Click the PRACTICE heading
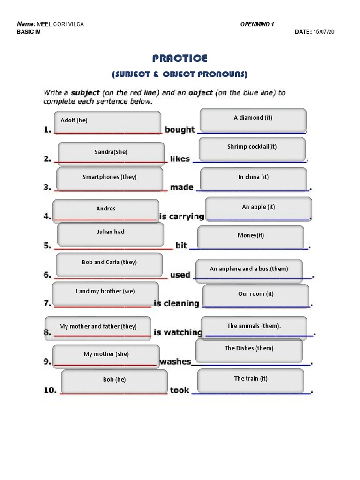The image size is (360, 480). (x=180, y=58)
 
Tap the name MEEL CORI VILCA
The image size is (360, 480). (x=63, y=24)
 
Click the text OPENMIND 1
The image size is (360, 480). (x=257, y=24)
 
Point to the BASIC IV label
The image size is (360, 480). (x=29, y=32)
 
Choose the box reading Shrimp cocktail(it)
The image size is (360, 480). (x=252, y=149)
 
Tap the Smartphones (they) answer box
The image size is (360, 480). (x=110, y=179)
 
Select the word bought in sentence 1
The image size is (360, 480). (x=180, y=130)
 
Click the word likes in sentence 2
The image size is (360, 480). (x=180, y=159)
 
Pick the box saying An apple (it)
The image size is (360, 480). (x=258, y=209)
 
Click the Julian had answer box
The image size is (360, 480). (x=111, y=234)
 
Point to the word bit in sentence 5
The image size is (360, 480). (x=181, y=245)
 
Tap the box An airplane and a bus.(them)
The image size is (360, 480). (x=249, y=270)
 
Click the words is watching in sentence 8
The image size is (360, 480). (x=178, y=332)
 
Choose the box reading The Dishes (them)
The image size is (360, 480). (x=249, y=350)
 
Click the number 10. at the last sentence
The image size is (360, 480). (x=50, y=390)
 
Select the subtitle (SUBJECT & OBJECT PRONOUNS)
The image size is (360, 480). (x=180, y=75)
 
